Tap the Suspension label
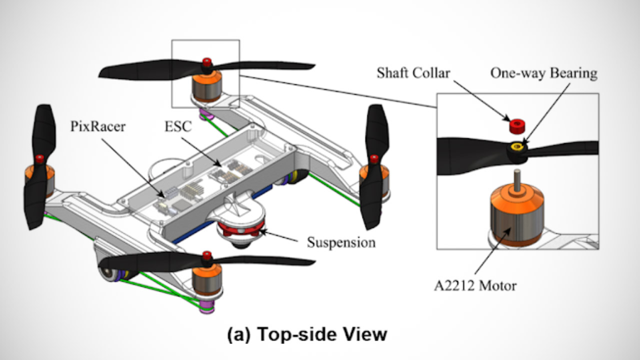341,243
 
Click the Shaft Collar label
413,73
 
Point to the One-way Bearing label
543,73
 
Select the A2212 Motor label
475,286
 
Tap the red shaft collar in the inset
516,125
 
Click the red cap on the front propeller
206,257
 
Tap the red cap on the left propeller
39,159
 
